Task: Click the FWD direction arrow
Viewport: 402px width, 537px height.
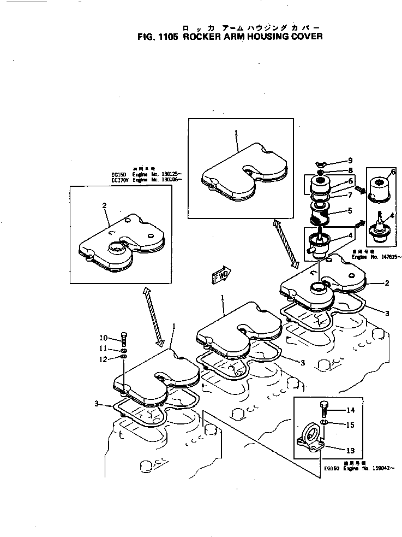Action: point(220,275)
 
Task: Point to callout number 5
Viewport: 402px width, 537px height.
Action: point(350,210)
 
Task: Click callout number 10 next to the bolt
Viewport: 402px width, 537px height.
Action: point(103,337)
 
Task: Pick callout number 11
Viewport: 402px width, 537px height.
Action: point(103,348)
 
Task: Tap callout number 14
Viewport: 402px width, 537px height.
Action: point(350,410)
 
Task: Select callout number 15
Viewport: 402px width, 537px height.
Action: point(350,424)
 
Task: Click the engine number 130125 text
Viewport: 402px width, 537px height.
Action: point(169,174)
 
